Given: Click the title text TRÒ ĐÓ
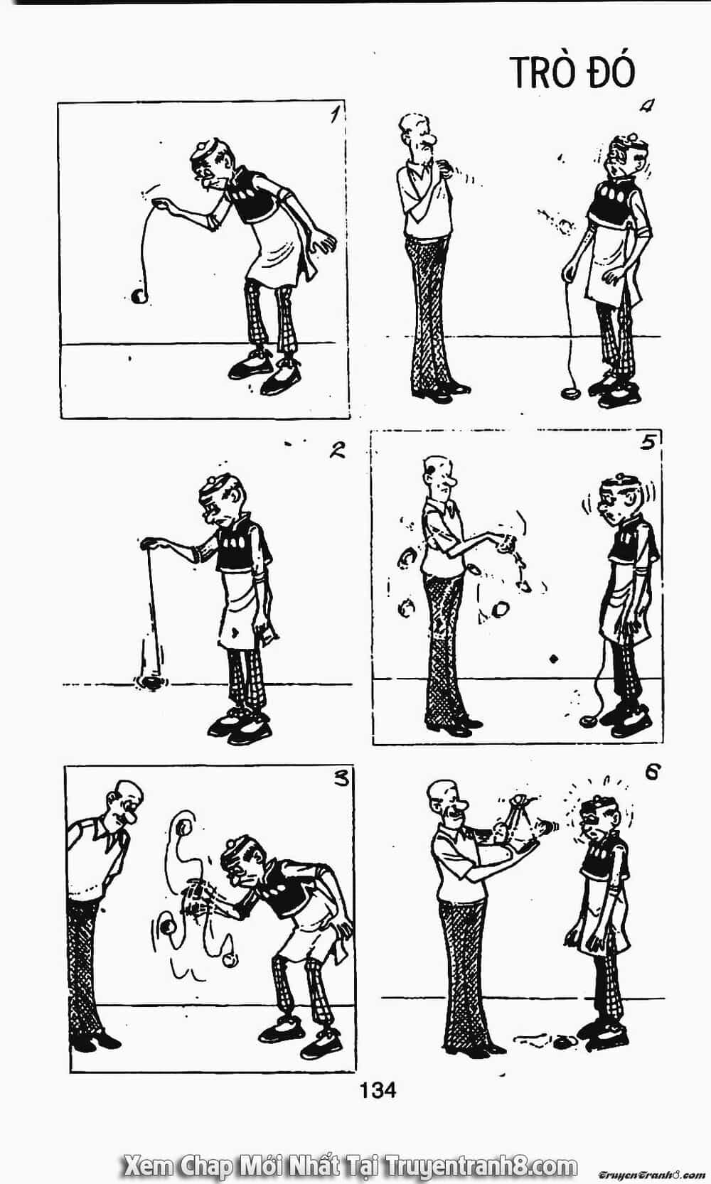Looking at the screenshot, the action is coord(572,72).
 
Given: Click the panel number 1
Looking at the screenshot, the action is coord(334,113).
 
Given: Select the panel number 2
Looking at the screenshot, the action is coord(337,451).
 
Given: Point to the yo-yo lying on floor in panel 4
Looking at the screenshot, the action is coord(572,393).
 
